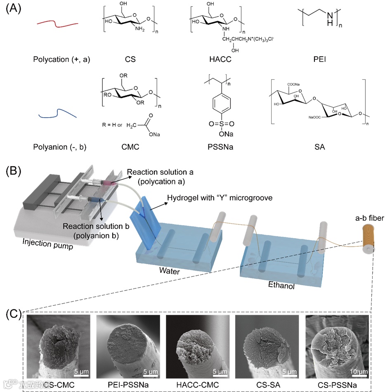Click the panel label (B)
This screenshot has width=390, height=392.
pyautogui.click(x=14, y=170)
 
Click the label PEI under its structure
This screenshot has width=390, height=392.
pyautogui.click(x=319, y=59)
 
